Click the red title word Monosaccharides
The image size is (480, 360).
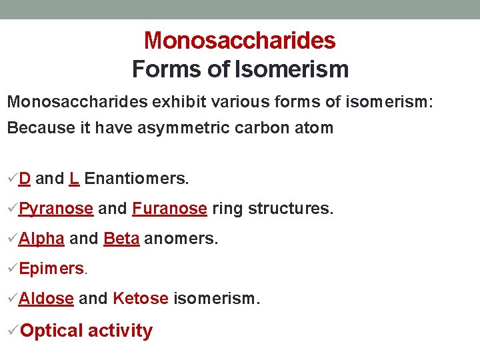point(239,41)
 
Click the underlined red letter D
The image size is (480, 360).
point(25,179)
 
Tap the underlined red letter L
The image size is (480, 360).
point(74,179)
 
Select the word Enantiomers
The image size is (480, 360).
point(137,179)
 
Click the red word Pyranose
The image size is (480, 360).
point(56,209)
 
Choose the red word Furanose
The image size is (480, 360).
point(169,209)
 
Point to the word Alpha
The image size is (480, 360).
point(41,239)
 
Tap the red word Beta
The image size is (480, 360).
point(121,239)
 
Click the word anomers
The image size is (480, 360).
point(181,239)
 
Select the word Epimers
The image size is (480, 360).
point(51,269)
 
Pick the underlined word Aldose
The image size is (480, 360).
point(46,298)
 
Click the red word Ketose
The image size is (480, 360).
point(141,298)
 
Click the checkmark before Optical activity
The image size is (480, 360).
point(13,330)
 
